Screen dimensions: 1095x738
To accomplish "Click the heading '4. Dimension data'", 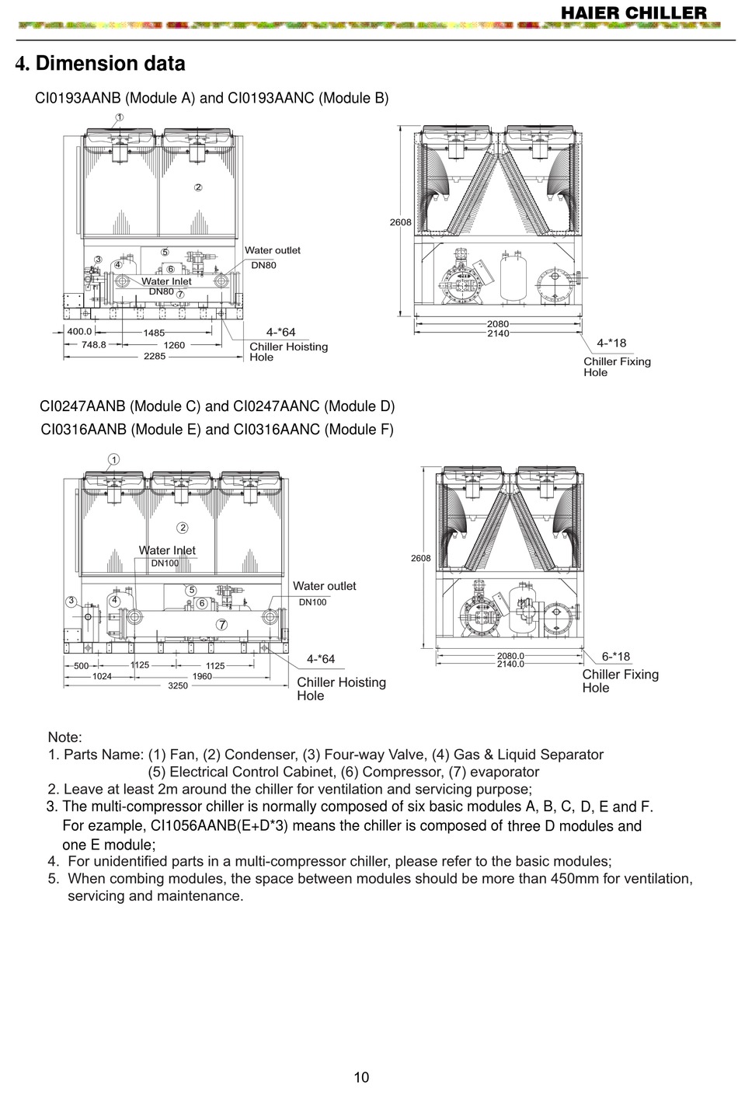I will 100,63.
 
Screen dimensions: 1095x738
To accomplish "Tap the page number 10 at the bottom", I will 362,1076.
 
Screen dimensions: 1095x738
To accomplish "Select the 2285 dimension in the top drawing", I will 155,357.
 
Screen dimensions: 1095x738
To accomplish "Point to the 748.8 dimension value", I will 93,344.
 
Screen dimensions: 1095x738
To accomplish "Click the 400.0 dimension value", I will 79,331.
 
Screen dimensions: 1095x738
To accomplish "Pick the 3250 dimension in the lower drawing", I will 178,685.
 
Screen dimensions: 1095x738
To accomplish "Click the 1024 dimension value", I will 102,676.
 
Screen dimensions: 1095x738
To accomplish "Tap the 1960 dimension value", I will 202,676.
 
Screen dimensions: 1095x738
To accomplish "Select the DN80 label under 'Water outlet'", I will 263,265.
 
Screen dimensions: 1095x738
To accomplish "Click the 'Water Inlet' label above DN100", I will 167,550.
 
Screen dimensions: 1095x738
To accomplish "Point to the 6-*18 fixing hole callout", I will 616,657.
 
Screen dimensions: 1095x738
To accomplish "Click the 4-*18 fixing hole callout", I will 611,342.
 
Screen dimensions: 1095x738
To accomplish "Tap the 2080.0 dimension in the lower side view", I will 510,655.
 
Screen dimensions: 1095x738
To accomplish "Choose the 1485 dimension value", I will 154,332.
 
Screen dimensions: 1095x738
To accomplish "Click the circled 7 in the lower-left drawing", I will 221,624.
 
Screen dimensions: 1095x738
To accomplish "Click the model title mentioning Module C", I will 217,406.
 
